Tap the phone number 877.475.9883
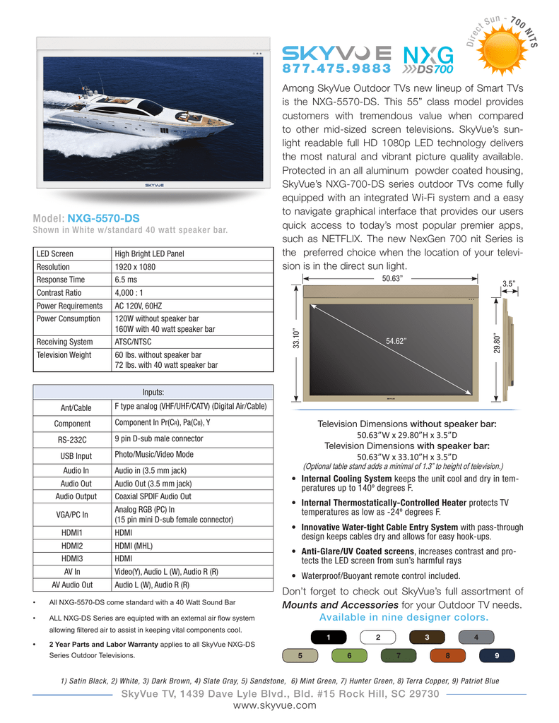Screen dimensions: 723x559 [x=337, y=68]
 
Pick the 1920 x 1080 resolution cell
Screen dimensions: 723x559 [x=135, y=267]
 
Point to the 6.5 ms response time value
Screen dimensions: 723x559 [x=126, y=280]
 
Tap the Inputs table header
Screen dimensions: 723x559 [x=153, y=393]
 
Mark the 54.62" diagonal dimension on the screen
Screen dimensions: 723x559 [x=396, y=341]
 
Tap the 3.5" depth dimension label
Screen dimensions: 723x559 [x=509, y=284]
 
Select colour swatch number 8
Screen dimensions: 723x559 [x=447, y=656]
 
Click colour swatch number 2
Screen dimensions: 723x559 [x=377, y=638]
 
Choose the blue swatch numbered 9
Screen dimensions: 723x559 [x=497, y=656]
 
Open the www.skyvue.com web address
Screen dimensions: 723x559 [x=280, y=707]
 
